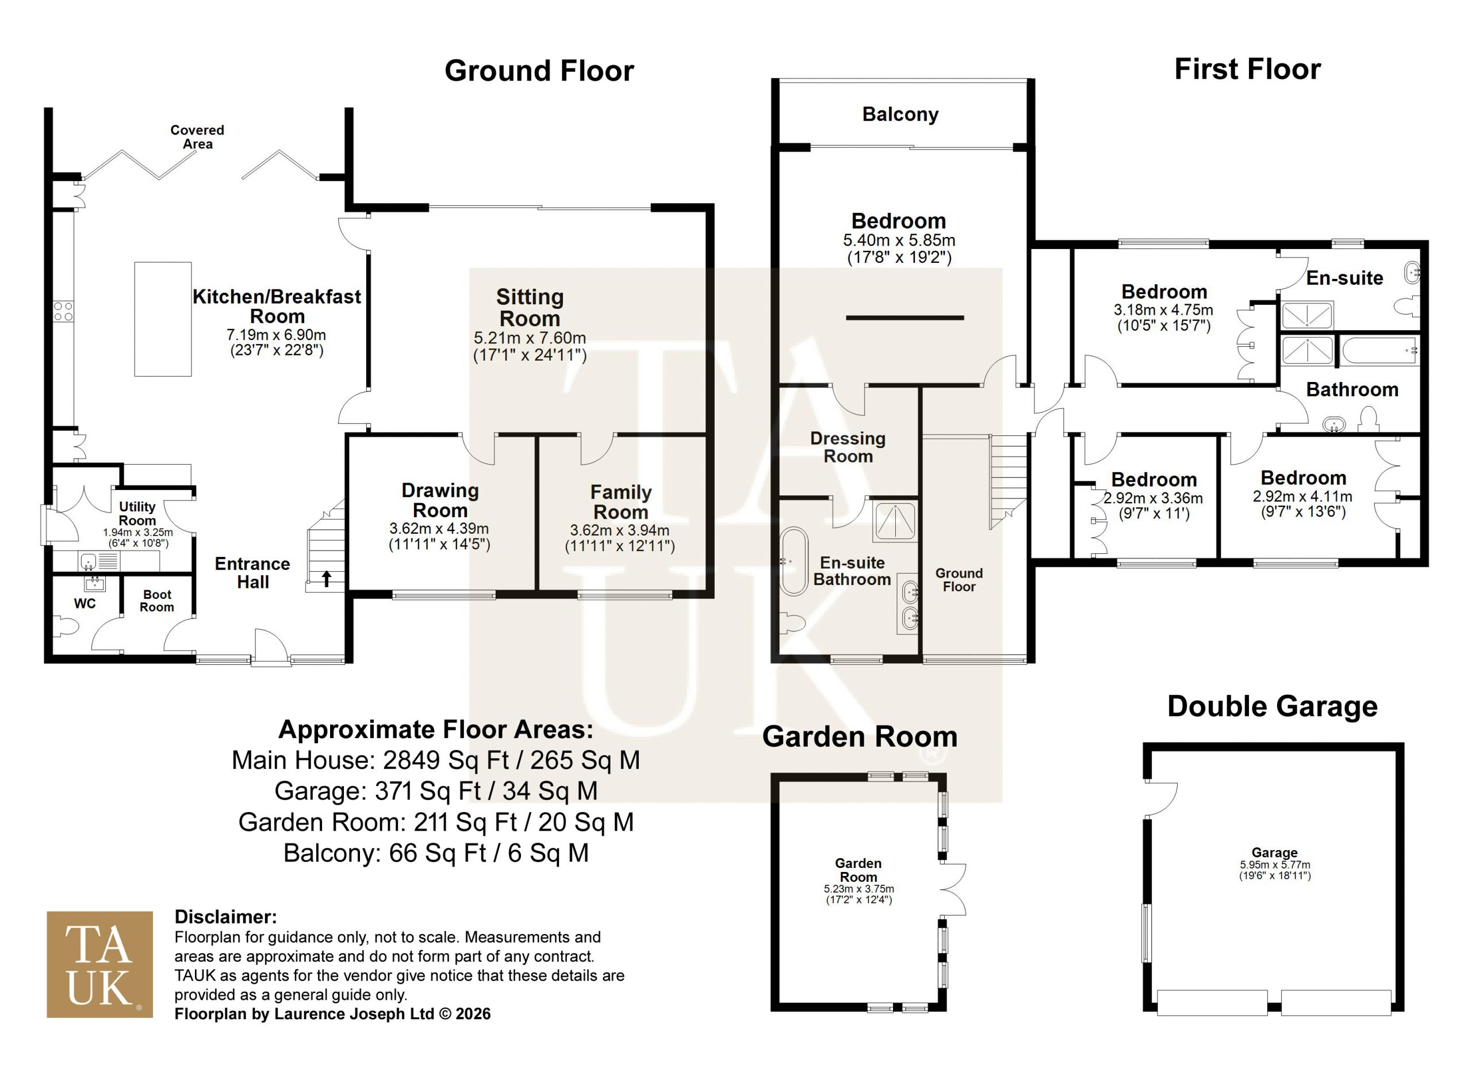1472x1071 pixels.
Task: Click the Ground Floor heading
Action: coord(539,71)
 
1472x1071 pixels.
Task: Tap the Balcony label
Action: coord(900,114)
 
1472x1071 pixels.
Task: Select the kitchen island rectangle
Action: coord(163,319)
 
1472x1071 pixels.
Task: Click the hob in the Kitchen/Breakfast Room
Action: coord(64,311)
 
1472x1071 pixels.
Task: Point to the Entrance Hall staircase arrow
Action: coord(327,578)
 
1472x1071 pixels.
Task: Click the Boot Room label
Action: coord(157,600)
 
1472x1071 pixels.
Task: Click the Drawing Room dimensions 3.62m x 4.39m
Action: coord(439,529)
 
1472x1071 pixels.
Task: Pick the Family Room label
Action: coord(621,502)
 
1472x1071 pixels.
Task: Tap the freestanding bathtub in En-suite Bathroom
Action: coord(793,561)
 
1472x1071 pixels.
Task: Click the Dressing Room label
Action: coord(848,447)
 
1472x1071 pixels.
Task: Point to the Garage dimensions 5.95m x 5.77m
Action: coord(1275,865)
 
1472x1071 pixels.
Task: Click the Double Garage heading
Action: coord(1272,706)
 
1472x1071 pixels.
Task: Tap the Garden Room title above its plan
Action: coord(860,737)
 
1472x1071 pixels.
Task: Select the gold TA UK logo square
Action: coord(100,965)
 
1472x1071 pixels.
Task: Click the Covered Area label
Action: coord(197,137)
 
